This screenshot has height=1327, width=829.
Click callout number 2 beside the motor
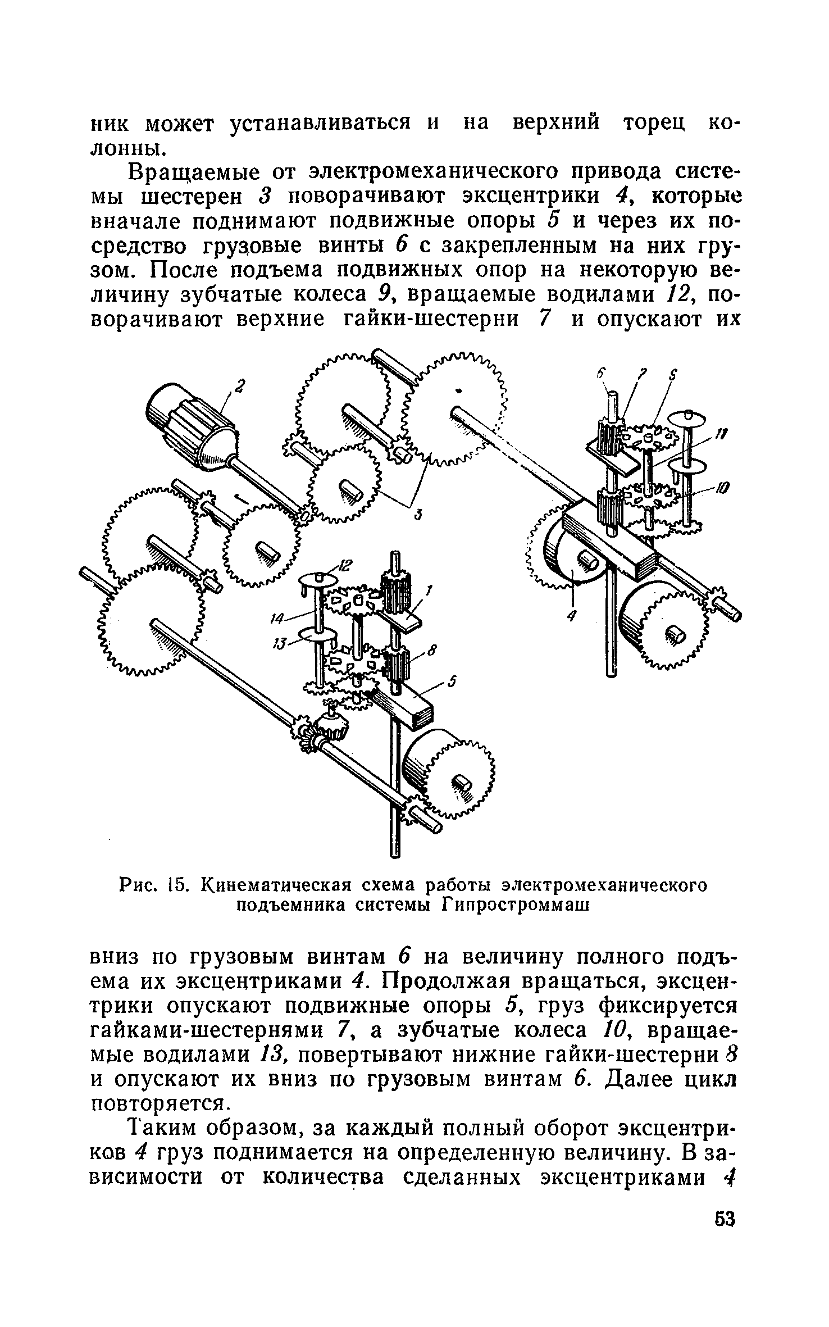[241, 387]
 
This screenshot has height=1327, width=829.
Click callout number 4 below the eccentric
[572, 616]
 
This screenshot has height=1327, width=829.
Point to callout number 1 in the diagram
[429, 590]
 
